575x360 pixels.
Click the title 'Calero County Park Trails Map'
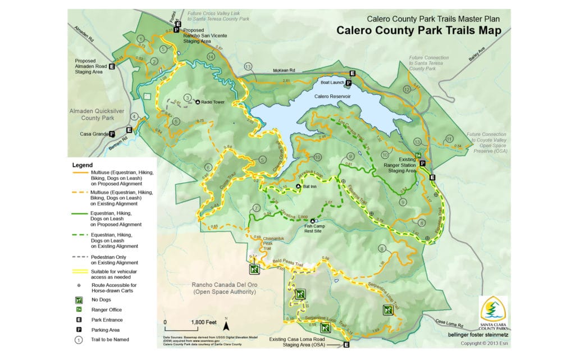[418, 30]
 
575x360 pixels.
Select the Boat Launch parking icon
[348, 83]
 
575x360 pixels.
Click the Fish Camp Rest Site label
[304, 227]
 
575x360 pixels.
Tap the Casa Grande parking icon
[112, 134]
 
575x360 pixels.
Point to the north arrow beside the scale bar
[225, 324]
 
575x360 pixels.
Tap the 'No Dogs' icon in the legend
[79, 299]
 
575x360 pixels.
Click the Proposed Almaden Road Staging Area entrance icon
[111, 66]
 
